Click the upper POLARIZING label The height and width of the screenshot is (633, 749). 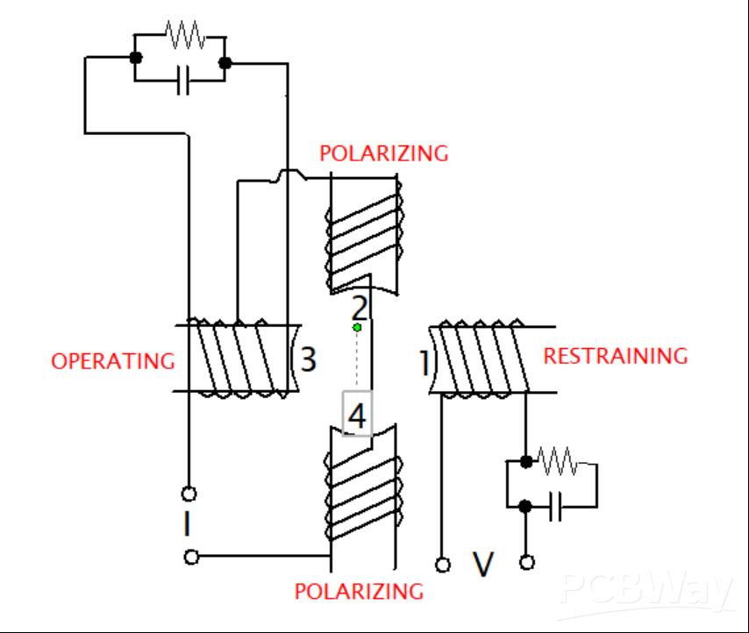pyautogui.click(x=383, y=153)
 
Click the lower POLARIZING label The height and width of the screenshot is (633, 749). pyautogui.click(x=359, y=591)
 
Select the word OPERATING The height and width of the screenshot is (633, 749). pyautogui.click(x=112, y=360)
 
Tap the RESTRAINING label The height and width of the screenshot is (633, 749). pyautogui.click(x=616, y=356)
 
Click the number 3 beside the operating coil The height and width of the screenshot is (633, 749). pyautogui.click(x=308, y=359)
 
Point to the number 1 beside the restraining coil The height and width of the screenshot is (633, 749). pyautogui.click(x=424, y=362)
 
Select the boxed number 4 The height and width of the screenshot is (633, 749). pyautogui.click(x=357, y=416)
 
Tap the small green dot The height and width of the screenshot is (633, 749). pyautogui.click(x=357, y=328)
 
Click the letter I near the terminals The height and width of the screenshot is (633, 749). pyautogui.click(x=187, y=524)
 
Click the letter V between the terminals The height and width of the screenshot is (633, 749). pyautogui.click(x=483, y=564)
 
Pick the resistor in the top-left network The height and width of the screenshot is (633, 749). pyautogui.click(x=184, y=36)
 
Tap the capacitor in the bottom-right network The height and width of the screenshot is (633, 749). pyautogui.click(x=554, y=507)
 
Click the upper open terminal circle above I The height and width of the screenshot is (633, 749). pyautogui.click(x=189, y=494)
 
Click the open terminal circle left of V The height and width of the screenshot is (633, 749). pyautogui.click(x=443, y=565)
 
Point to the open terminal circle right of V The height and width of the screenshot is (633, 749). pyautogui.click(x=527, y=563)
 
